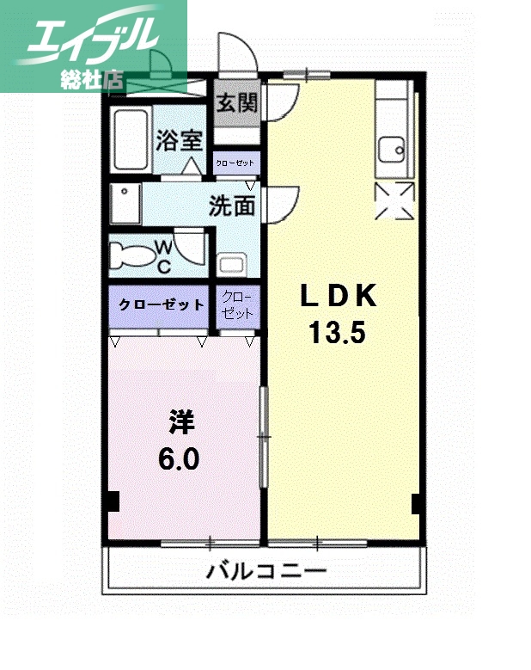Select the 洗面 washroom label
(x=231, y=206)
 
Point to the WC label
(x=163, y=256)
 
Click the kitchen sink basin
(x=394, y=151)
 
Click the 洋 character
(x=181, y=423)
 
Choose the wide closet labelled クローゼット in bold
(x=161, y=305)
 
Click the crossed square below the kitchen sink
(x=394, y=202)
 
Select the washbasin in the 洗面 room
(x=232, y=264)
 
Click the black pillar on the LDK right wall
(x=417, y=502)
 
